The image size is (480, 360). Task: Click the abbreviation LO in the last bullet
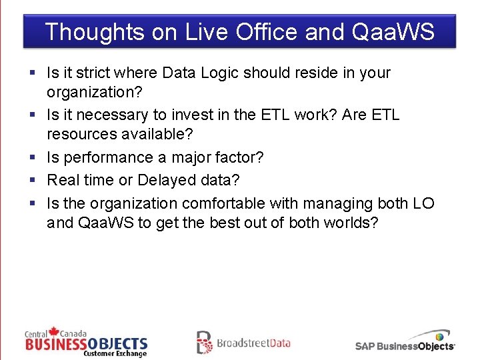[423, 203]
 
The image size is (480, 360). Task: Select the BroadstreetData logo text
[253, 343]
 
